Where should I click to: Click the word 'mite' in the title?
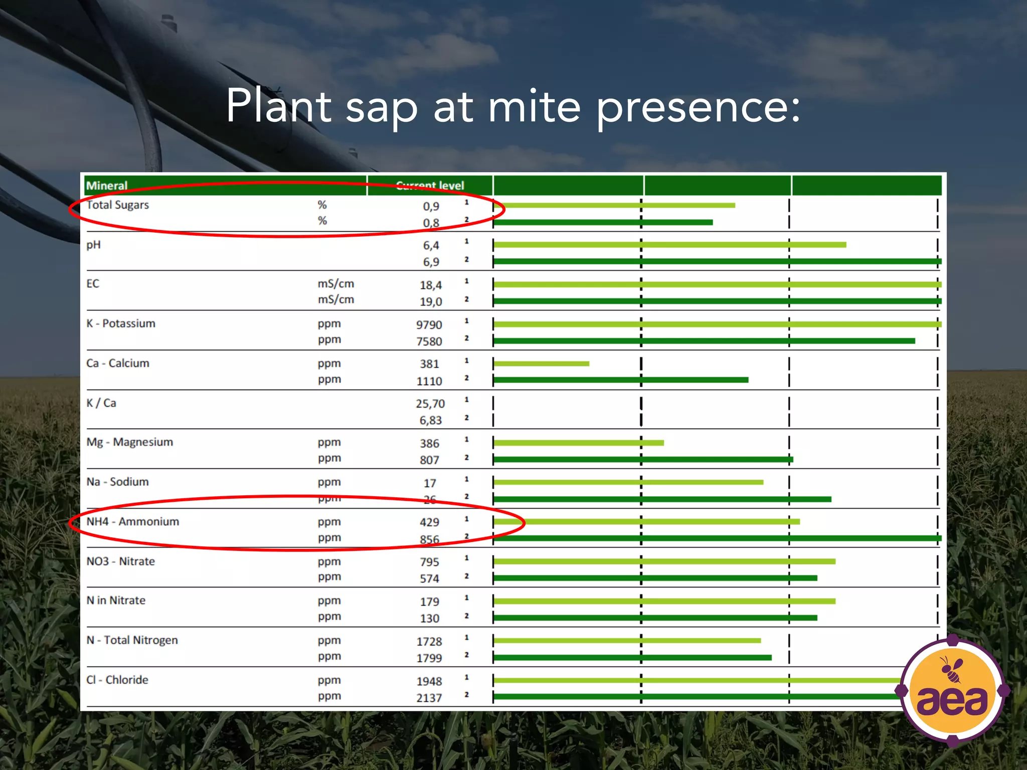coord(534,106)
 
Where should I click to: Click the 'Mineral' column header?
coord(107,185)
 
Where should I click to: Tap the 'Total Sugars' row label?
coord(118,205)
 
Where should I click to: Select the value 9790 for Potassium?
coord(429,325)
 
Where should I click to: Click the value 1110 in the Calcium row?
coord(429,381)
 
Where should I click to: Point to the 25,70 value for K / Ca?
coord(430,404)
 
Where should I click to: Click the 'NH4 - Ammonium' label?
coord(133,521)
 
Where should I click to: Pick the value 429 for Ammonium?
coord(430,522)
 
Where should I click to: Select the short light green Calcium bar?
coord(542,363)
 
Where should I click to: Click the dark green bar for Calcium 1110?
coord(621,380)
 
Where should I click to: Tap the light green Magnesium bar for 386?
coord(579,443)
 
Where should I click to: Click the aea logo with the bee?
coord(952,691)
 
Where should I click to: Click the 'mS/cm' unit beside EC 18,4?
coord(336,284)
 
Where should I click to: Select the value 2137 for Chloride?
coord(429,698)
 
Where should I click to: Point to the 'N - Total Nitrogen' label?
coord(132,640)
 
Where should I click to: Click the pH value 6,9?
coord(431,262)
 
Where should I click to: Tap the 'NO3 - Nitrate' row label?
coord(121,561)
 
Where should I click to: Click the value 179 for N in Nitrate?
coord(430,602)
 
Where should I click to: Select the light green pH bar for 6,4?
coord(670,245)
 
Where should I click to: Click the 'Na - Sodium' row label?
coord(118,482)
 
